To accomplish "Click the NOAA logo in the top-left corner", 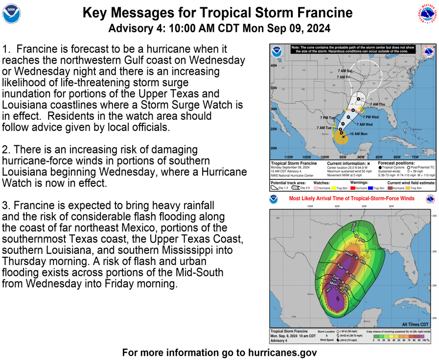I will coord(12,15).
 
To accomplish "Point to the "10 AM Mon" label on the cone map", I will coord(358,134).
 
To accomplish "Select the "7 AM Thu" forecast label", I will coord(377,104).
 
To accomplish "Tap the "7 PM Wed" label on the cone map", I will coord(370,117).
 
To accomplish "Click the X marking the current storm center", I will coord(344,136).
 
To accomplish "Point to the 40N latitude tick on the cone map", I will coord(274,65).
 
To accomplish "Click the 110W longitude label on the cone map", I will coord(288,157).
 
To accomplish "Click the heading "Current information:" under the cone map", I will coord(347,163).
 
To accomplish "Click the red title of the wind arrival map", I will coord(351,199).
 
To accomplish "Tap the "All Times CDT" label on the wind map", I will coord(416,324).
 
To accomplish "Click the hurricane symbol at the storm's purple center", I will coord(338,298).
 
